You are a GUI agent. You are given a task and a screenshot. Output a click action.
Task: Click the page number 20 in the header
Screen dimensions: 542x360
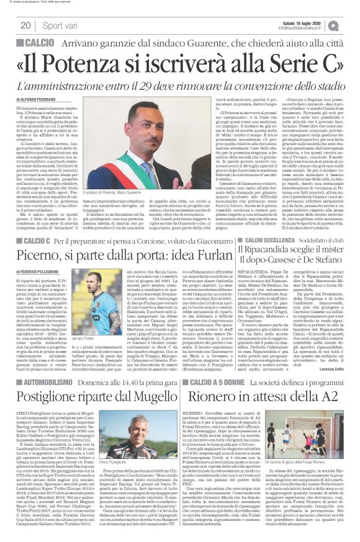pyautogui.click(x=25, y=25)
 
